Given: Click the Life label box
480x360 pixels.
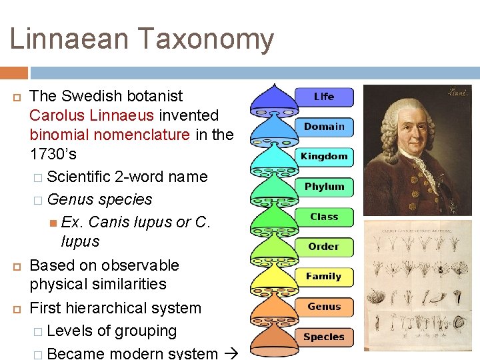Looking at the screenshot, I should click(x=324, y=97).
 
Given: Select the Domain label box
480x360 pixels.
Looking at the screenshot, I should click(x=324, y=127).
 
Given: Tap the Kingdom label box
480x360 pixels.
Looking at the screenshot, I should click(x=324, y=157).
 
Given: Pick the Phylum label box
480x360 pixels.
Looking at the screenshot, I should click(x=324, y=187).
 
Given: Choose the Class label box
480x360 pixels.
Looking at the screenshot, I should click(x=324, y=217).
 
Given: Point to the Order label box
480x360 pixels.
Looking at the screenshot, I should click(x=324, y=247).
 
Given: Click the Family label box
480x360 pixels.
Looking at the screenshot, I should click(x=324, y=277).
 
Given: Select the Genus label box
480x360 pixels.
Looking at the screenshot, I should click(x=324, y=307).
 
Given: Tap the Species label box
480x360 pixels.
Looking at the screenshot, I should click(x=324, y=337).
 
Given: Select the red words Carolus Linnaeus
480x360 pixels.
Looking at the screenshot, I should click(x=92, y=115).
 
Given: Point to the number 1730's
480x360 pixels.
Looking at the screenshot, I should click(x=53, y=154).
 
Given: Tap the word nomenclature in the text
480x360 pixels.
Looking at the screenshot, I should click(x=142, y=135).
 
